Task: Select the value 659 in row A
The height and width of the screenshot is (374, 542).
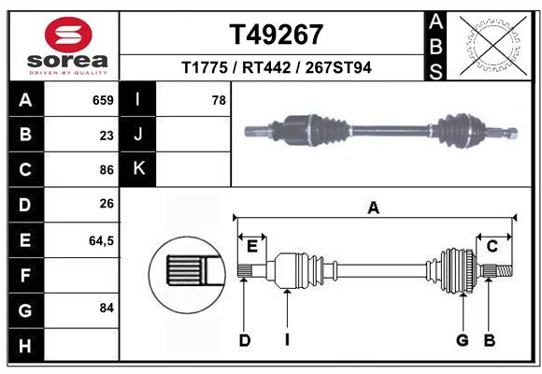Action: click(x=103, y=100)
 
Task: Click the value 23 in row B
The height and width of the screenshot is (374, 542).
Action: click(x=107, y=135)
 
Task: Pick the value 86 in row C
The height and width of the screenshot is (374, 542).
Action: click(x=107, y=170)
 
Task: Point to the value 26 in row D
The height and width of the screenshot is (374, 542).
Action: click(x=107, y=205)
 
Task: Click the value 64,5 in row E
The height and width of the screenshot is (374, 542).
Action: click(x=101, y=240)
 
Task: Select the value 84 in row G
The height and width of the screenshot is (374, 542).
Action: click(x=107, y=308)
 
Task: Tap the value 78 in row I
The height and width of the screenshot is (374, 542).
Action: click(x=219, y=100)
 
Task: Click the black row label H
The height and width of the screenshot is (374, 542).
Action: click(x=25, y=346)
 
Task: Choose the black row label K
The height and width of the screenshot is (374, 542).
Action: click(x=138, y=169)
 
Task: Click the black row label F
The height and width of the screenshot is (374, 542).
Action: click(x=25, y=276)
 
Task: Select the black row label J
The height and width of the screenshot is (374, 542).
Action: click(x=138, y=135)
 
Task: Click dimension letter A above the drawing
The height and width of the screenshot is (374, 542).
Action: click(x=374, y=208)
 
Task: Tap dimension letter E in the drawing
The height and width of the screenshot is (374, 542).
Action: click(x=252, y=246)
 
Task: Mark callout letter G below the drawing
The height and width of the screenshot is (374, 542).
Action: click(x=462, y=340)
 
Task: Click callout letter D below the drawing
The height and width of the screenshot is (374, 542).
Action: click(x=244, y=340)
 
